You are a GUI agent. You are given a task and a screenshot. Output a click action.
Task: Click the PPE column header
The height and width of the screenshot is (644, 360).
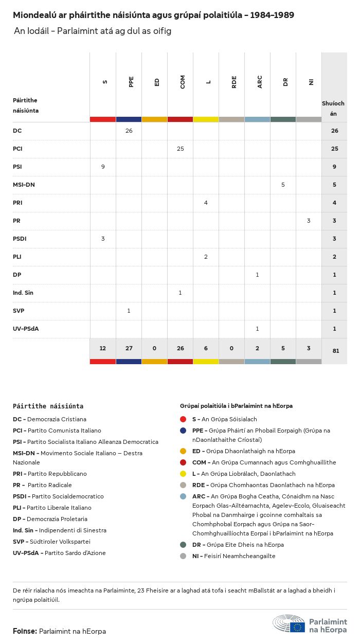tap(131, 82)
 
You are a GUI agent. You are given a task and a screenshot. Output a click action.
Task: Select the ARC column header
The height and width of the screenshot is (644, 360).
tap(260, 82)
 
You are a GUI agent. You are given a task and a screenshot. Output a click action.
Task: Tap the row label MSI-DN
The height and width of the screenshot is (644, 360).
tap(24, 185)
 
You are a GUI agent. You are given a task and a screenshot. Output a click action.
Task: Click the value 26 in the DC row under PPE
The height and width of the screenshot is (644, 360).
tap(129, 131)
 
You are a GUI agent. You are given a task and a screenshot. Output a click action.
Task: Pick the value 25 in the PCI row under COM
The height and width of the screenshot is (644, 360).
tap(180, 149)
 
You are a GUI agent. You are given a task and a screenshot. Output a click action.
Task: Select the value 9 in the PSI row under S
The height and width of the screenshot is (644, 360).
tap(103, 167)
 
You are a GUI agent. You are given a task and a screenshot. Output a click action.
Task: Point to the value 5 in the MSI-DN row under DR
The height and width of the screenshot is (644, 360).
tap(283, 185)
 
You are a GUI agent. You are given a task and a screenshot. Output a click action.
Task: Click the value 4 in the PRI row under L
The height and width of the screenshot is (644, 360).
tap(206, 203)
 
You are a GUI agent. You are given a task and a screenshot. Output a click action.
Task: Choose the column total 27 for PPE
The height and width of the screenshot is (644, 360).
tap(129, 348)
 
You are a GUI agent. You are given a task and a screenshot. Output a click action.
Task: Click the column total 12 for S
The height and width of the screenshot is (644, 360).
tap(103, 348)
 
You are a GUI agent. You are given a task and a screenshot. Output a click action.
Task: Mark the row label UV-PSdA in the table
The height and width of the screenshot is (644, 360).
tap(26, 329)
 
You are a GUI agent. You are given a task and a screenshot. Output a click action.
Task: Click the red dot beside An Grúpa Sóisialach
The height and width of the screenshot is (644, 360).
tap(183, 419)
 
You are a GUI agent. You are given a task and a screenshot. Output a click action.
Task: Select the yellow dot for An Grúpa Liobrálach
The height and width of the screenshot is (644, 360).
tap(183, 474)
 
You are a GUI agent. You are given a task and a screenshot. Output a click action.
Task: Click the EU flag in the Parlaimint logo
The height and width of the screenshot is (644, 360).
tap(297, 627)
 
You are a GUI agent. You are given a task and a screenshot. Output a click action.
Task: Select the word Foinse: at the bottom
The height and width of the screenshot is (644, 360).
tap(25, 631)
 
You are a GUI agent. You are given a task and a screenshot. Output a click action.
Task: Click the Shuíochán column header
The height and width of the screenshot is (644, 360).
tap(333, 108)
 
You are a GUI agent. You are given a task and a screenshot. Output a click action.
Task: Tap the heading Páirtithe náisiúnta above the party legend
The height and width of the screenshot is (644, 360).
tap(48, 406)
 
